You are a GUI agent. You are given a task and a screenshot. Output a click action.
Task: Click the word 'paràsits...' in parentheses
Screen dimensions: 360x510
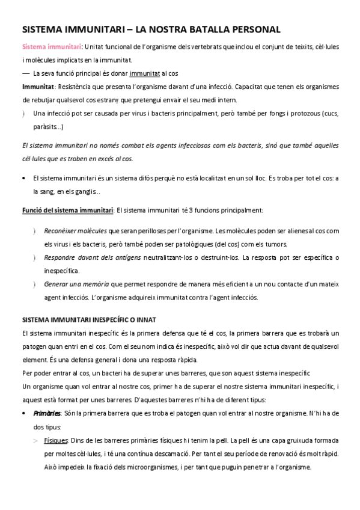pyautogui.click(x=49, y=127)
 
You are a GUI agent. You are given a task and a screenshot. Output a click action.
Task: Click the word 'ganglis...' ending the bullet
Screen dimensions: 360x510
pyautogui.click(x=88, y=191)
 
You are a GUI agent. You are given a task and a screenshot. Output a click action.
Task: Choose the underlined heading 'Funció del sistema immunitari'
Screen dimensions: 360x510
pyautogui.click(x=67, y=210)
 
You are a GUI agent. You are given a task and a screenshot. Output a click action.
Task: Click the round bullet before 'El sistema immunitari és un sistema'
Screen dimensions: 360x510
pyautogui.click(x=23, y=178)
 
